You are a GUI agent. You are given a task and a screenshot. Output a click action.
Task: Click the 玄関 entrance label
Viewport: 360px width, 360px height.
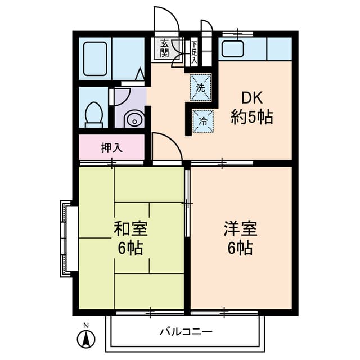click(x=164, y=48)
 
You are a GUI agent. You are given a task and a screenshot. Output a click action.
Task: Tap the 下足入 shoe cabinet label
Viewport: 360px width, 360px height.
click(x=193, y=51)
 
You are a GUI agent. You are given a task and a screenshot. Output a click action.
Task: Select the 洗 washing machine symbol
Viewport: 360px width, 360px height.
click(x=201, y=87)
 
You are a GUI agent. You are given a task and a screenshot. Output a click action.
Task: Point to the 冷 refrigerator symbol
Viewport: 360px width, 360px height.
click(x=202, y=119)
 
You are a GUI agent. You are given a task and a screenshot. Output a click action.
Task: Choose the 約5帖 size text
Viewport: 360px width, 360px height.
click(x=252, y=118)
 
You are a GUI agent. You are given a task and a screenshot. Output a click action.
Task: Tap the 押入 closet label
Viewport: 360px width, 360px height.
click(x=111, y=148)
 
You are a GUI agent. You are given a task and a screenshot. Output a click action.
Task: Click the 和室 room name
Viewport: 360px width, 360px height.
click(x=130, y=229)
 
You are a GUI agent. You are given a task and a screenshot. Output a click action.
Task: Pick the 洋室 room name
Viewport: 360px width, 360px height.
click(x=240, y=229)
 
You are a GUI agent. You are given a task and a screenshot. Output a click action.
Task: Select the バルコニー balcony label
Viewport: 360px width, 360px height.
click(x=186, y=331)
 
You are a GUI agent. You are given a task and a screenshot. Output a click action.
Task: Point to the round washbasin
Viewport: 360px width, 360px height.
click(x=134, y=119)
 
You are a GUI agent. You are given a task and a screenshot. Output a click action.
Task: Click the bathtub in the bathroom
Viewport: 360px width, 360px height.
click(x=95, y=58)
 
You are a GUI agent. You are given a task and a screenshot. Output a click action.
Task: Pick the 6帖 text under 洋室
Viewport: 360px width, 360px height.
click(x=240, y=247)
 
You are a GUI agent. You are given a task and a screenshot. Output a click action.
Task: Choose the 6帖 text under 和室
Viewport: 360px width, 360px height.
click(x=130, y=247)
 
